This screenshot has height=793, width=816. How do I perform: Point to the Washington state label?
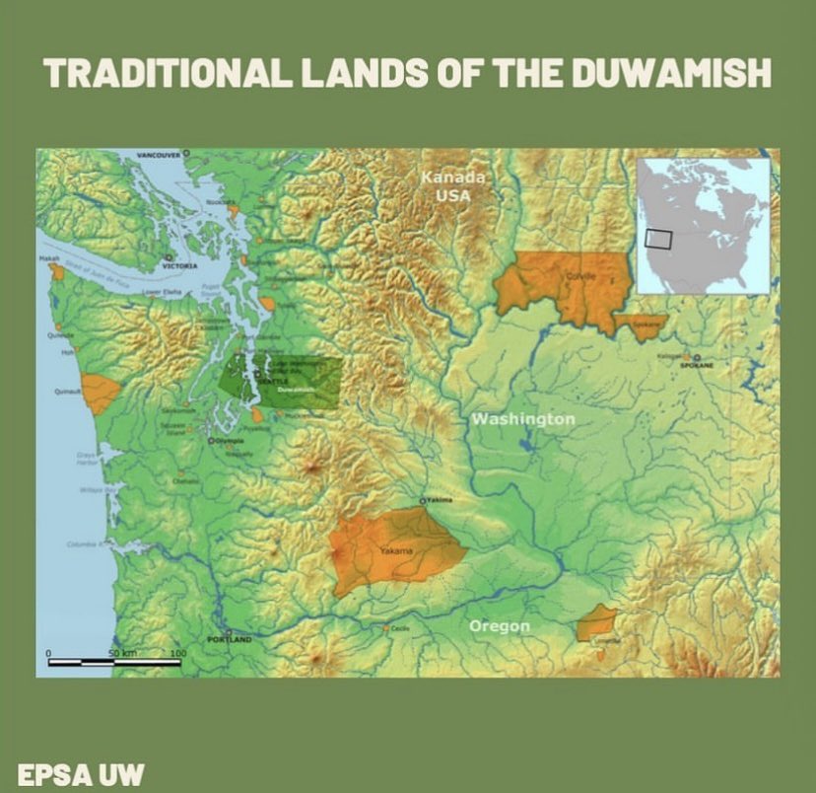(x=522, y=419)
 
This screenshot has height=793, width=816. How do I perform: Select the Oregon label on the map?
(x=499, y=625)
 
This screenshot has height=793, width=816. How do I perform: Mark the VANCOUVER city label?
(x=158, y=156)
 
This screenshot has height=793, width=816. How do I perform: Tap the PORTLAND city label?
(x=231, y=640)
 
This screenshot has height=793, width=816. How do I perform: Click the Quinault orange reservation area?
(x=100, y=393)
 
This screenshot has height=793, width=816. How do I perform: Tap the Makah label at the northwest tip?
(x=48, y=258)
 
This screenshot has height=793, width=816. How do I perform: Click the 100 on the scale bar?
(x=178, y=654)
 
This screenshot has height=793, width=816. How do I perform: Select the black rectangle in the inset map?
(x=657, y=239)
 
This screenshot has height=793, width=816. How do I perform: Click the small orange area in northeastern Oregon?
(x=597, y=623)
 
